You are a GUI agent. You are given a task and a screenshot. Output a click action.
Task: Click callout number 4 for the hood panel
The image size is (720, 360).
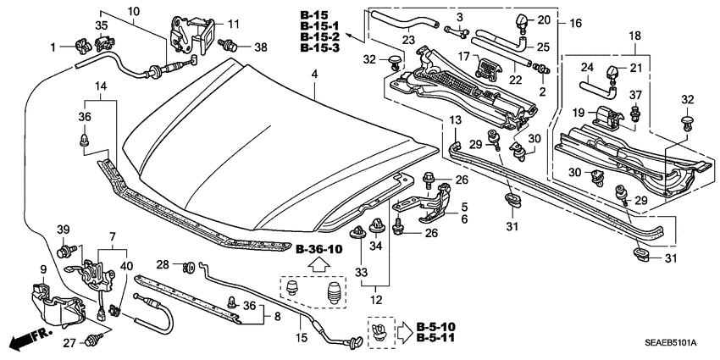[314, 75]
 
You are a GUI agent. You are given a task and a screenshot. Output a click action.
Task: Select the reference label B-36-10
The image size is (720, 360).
[319, 250]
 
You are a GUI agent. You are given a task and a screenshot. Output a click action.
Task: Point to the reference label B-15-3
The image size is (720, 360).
[318, 50]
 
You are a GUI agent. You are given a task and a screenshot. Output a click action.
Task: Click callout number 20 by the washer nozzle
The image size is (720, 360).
[544, 19]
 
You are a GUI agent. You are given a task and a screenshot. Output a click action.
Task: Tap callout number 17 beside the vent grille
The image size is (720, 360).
[464, 57]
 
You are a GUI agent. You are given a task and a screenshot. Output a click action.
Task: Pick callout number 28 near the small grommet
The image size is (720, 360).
[163, 264]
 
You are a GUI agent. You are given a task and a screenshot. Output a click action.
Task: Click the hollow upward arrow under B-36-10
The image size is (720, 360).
[319, 265]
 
